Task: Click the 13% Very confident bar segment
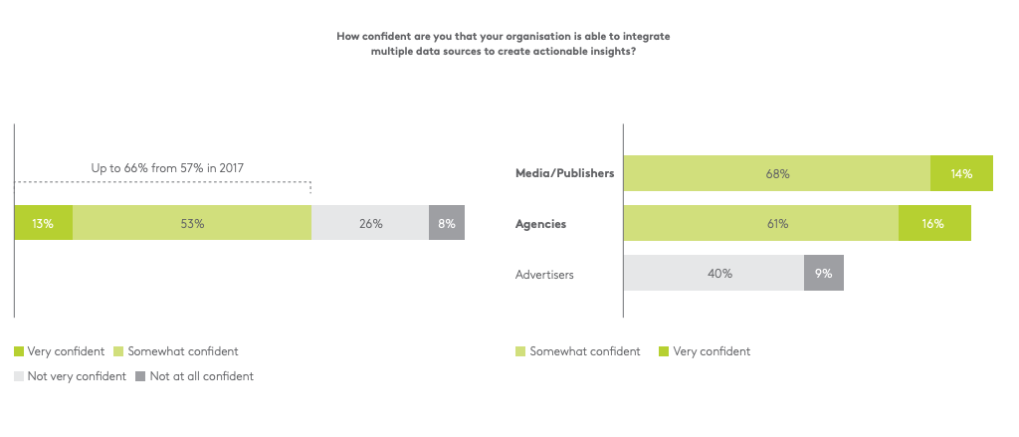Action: pyautogui.click(x=43, y=224)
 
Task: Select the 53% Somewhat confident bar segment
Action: pyautogui.click(x=192, y=224)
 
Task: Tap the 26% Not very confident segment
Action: pyautogui.click(x=370, y=224)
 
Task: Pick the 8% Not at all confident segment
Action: pyautogui.click(x=447, y=224)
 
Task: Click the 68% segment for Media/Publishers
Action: pyautogui.click(x=777, y=173)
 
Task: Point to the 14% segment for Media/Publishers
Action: pyautogui.click(x=961, y=173)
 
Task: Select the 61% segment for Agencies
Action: pyautogui.click(x=761, y=224)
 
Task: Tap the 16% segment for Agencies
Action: pyautogui.click(x=933, y=224)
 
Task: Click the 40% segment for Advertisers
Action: pyautogui.click(x=713, y=273)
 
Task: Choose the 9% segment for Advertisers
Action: pyautogui.click(x=824, y=273)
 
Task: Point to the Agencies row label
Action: pyautogui.click(x=540, y=224)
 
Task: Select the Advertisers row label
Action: pyautogui.click(x=545, y=273)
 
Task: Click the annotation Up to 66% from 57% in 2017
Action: pyautogui.click(x=167, y=168)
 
